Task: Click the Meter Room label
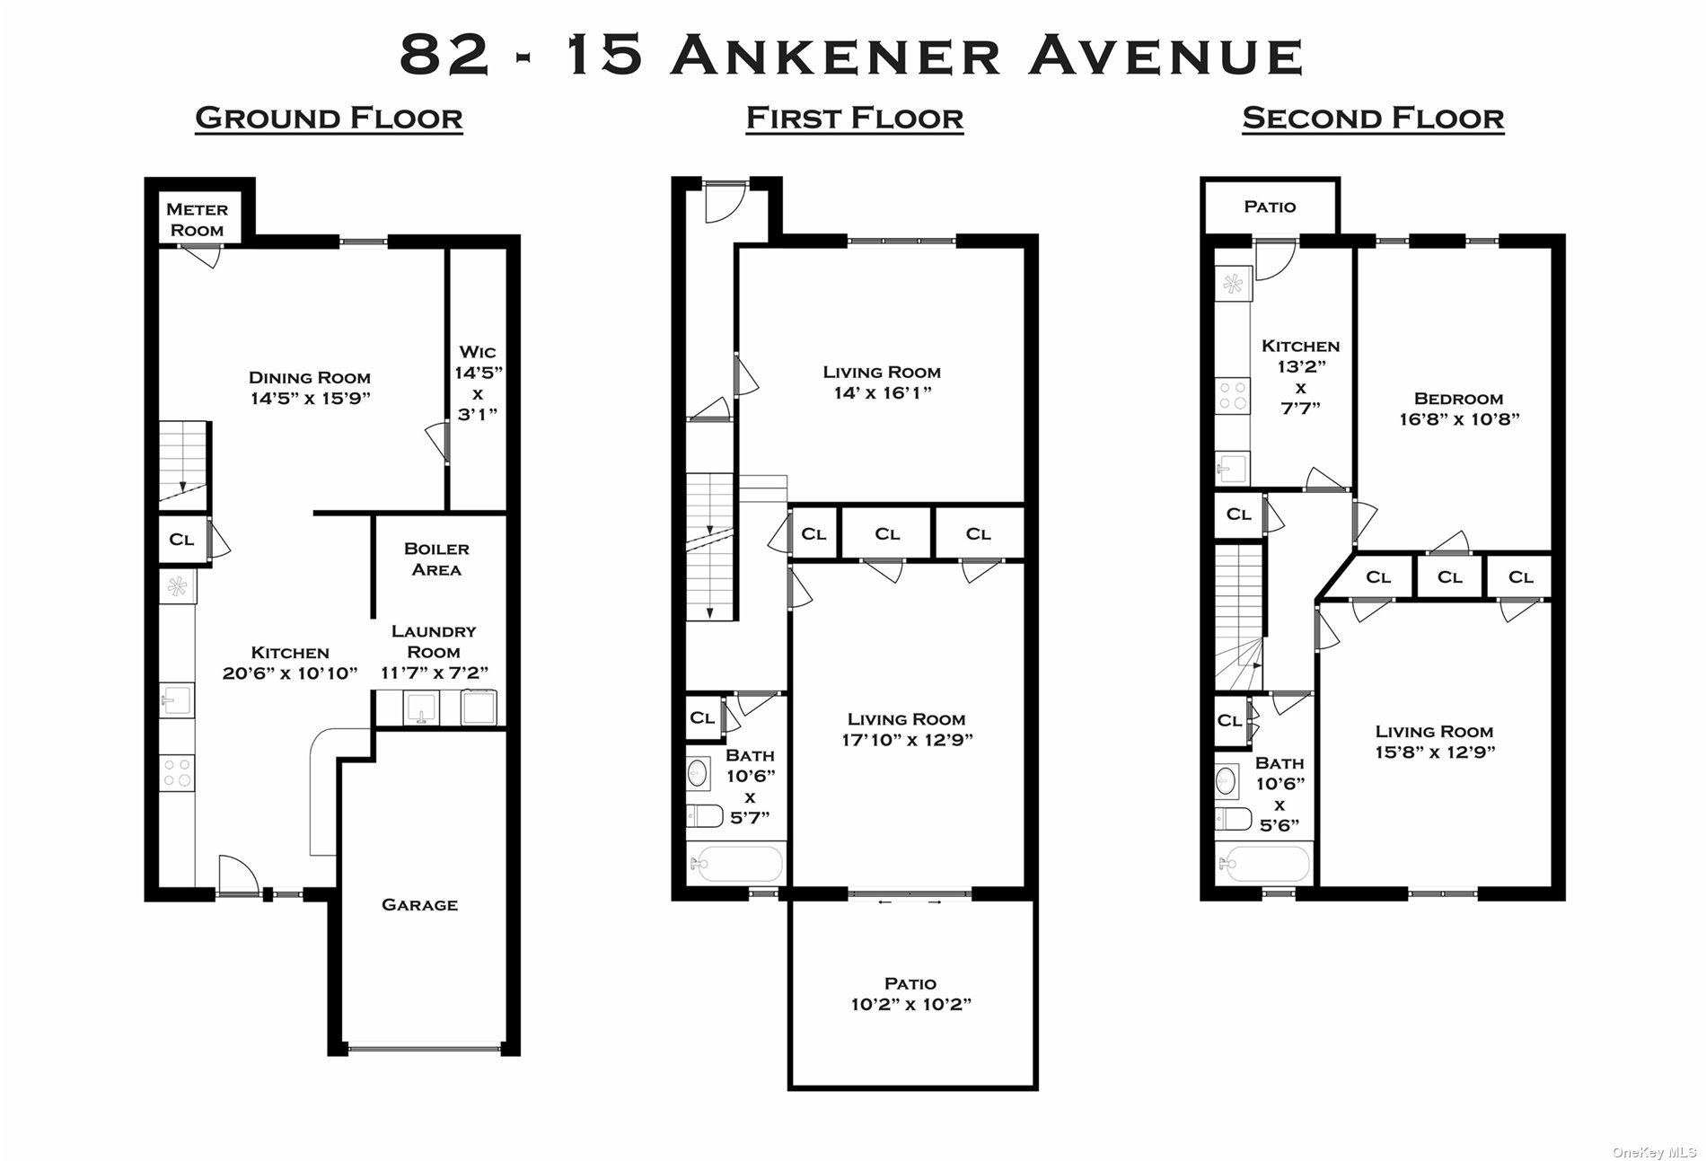pyautogui.click(x=198, y=220)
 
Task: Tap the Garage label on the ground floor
pyautogui.click(x=419, y=905)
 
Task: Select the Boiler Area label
pyautogui.click(x=436, y=559)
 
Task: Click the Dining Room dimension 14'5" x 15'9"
pyautogui.click(x=310, y=399)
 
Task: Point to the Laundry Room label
pyautogui.click(x=434, y=642)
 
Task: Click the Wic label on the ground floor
pyautogui.click(x=477, y=352)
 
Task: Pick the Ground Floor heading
pyautogui.click(x=329, y=119)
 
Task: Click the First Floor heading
pyautogui.click(x=855, y=119)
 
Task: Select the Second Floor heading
pyautogui.click(x=1373, y=119)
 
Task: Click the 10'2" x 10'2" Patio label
pyautogui.click(x=910, y=995)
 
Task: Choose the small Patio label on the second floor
pyautogui.click(x=1270, y=207)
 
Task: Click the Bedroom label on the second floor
pyautogui.click(x=1458, y=399)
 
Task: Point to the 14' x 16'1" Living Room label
pyautogui.click(x=881, y=383)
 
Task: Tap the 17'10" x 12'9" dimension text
pyautogui.click(x=907, y=740)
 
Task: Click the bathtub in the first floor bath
pyautogui.click(x=736, y=865)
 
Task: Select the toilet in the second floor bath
pyautogui.click(x=1234, y=819)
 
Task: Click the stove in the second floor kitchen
pyautogui.click(x=1231, y=396)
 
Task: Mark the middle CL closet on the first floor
pyautogui.click(x=887, y=534)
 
